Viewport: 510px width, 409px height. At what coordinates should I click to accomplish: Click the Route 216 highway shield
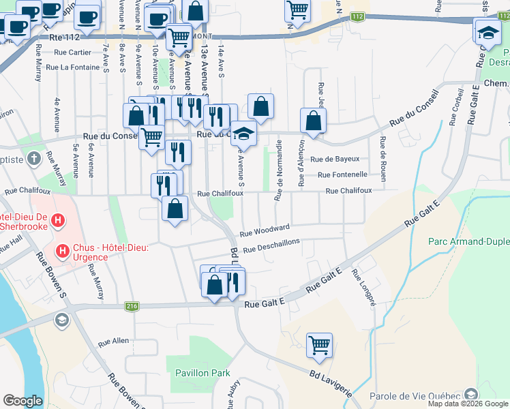[x=132, y=307]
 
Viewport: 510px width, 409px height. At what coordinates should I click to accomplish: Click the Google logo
[x=22, y=401]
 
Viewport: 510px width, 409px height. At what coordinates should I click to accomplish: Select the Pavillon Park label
[x=202, y=373]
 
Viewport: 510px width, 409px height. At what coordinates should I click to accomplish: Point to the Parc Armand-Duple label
[x=468, y=241]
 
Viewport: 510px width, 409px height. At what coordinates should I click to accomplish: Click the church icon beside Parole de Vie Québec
[x=470, y=395]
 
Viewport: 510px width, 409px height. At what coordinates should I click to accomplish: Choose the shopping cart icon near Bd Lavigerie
[x=319, y=346]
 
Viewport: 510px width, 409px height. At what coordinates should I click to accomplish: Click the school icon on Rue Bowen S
[x=62, y=320]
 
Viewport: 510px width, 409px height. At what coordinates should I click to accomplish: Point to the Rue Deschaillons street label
[x=272, y=247]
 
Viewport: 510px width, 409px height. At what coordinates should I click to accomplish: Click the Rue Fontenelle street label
[x=343, y=175]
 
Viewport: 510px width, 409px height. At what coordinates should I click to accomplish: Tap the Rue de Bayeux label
[x=335, y=159]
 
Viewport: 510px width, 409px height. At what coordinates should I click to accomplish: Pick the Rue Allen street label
[x=113, y=341]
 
